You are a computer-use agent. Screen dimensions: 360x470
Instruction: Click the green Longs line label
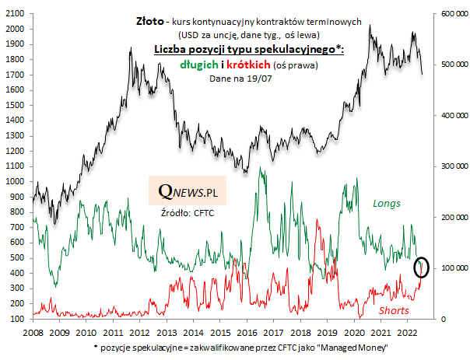click(387, 204)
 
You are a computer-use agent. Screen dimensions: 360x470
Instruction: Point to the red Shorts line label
click(395, 310)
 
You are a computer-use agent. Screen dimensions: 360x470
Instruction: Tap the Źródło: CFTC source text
click(188, 211)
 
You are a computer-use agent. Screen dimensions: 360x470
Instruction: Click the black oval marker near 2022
click(422, 267)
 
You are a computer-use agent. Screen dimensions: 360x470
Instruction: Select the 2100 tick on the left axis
click(18, 14)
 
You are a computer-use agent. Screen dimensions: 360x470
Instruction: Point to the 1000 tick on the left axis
click(18, 182)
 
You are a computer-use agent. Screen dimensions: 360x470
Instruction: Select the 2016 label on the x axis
click(247, 332)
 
